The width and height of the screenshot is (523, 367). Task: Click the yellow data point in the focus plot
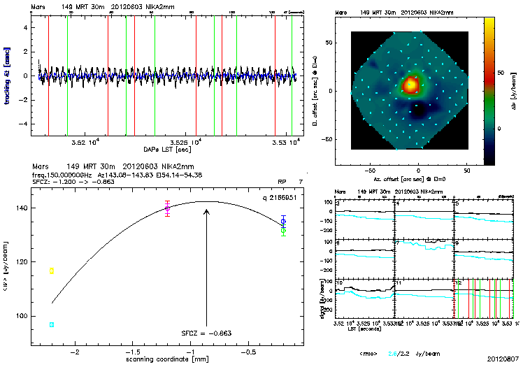[x=52, y=271]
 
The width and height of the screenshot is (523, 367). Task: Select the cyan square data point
[x=52, y=325]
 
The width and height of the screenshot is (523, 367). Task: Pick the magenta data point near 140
[x=167, y=208]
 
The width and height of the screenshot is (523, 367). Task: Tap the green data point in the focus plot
[x=283, y=230]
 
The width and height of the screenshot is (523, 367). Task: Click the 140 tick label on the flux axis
[x=39, y=208]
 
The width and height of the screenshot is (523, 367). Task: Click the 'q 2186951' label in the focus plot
[x=283, y=199]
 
